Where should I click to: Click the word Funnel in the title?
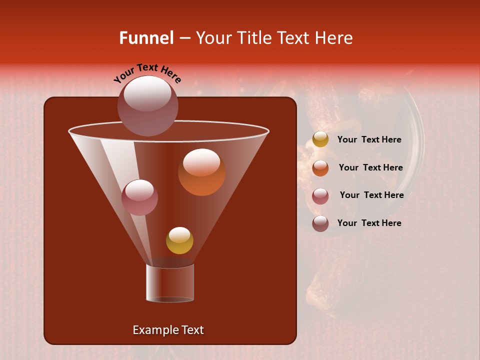pyautogui.click(x=146, y=38)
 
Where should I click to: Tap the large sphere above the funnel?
pyautogui.click(x=147, y=105)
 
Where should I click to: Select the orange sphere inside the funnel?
pyautogui.click(x=201, y=172)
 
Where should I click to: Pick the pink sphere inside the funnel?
pyautogui.click(x=139, y=197)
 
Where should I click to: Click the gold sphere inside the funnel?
pyautogui.click(x=179, y=240)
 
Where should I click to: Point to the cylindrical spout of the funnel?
pyautogui.click(x=170, y=283)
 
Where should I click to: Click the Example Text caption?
pyautogui.click(x=168, y=330)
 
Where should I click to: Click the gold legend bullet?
pyautogui.click(x=320, y=139)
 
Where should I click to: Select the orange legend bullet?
pyautogui.click(x=320, y=168)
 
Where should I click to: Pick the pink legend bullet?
pyautogui.click(x=320, y=196)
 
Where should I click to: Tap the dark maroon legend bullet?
pyautogui.click(x=320, y=223)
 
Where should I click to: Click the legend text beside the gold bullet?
pyautogui.click(x=369, y=140)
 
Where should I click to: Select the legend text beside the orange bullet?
pyautogui.click(x=370, y=168)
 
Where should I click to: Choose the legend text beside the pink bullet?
pyautogui.click(x=371, y=195)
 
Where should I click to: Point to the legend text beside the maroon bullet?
pyautogui.click(x=369, y=223)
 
